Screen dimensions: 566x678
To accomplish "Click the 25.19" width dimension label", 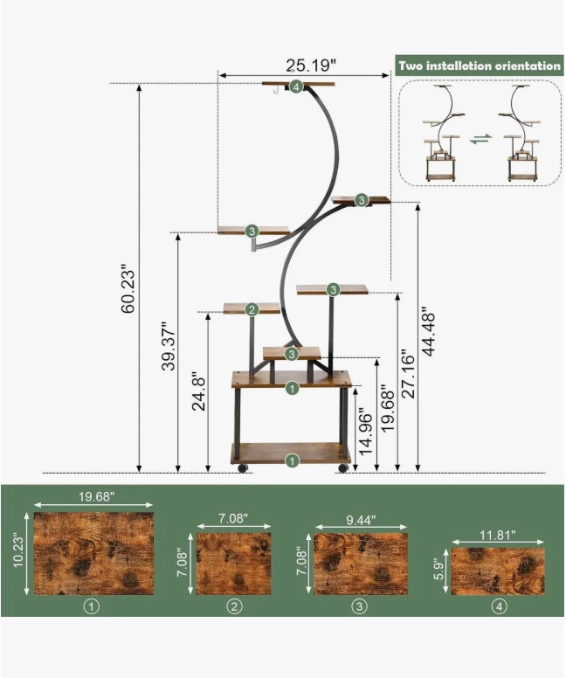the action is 311,66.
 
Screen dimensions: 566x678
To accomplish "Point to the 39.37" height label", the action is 169,345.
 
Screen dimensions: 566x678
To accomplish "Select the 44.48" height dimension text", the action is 428,332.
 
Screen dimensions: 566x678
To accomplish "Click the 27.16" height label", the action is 407,374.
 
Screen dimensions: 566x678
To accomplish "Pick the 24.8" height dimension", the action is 199,391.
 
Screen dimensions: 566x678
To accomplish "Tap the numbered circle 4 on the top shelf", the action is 296,86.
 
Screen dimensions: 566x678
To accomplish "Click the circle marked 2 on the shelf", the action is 252,309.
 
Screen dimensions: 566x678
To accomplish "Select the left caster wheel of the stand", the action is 242,467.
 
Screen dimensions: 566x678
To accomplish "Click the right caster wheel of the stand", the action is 343,467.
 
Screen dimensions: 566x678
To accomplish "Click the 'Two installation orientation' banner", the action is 480,66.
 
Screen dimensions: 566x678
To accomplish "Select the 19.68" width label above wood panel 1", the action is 96,496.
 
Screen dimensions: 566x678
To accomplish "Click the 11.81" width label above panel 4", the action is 498,535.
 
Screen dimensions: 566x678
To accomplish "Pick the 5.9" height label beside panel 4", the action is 441,571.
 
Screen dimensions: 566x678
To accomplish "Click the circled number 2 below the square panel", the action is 234,606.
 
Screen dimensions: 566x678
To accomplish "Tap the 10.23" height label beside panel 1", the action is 20,553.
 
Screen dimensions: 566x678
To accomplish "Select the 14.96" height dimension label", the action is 366,433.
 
